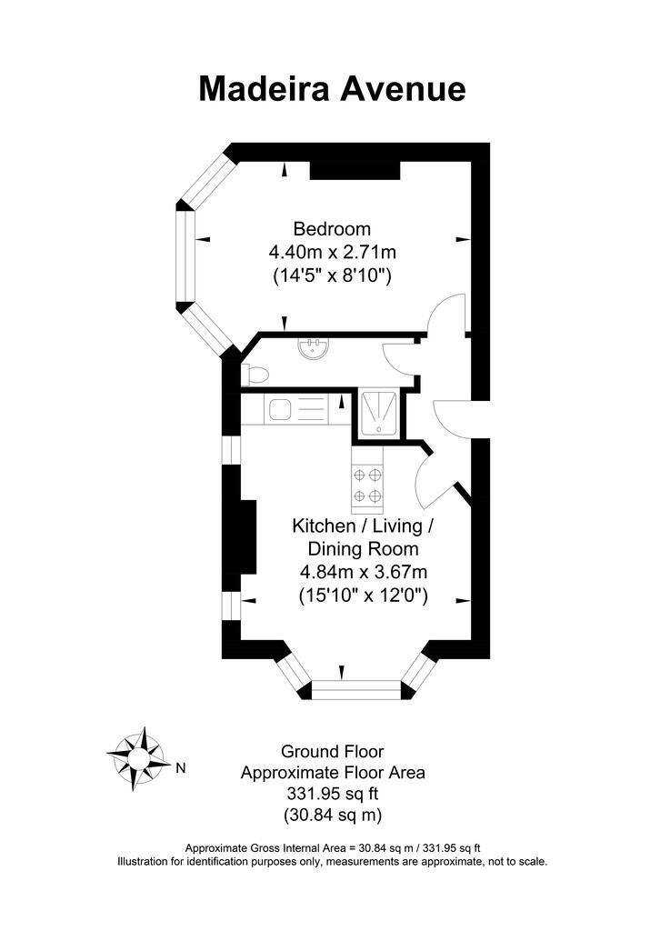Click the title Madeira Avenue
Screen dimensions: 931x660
[x=332, y=88]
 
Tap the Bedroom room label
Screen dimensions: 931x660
[x=332, y=228]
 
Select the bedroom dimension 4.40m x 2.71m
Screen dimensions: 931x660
[x=332, y=252]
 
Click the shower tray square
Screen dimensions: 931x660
[x=376, y=414]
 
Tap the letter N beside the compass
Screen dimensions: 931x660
[x=180, y=767]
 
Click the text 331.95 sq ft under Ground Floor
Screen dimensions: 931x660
[x=332, y=793]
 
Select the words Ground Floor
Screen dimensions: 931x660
[x=332, y=752]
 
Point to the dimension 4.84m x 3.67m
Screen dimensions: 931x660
[x=363, y=572]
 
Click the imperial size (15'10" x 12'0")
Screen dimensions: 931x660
[x=363, y=596]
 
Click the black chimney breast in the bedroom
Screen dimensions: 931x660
[x=355, y=170]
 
